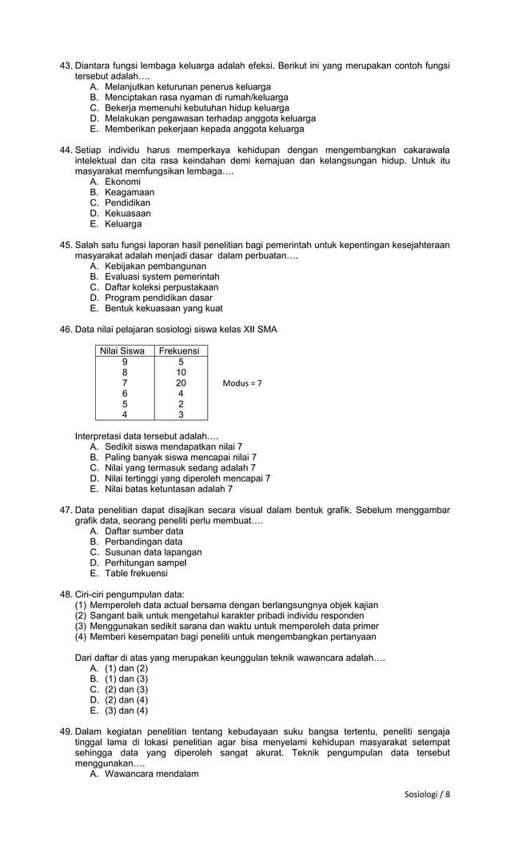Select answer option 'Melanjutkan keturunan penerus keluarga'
coord(187,86)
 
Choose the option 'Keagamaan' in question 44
coord(129,192)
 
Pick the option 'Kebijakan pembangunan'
coord(155,266)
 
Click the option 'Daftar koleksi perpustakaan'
coord(161,286)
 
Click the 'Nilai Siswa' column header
coord(122,350)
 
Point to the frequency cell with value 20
coord(181,382)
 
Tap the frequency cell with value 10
coord(181,372)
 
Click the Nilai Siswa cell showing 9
coord(124,362)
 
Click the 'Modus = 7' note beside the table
coord(242,383)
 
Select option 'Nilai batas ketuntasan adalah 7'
coord(169,489)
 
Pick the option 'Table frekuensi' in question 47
coord(136,573)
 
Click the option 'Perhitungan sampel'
coord(145,563)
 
